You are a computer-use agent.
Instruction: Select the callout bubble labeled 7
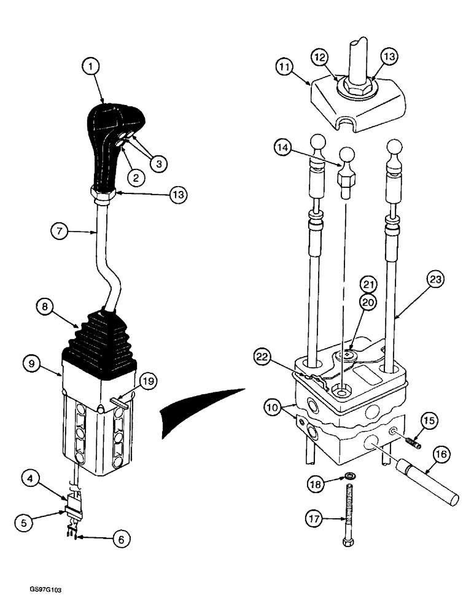pos(60,231)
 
